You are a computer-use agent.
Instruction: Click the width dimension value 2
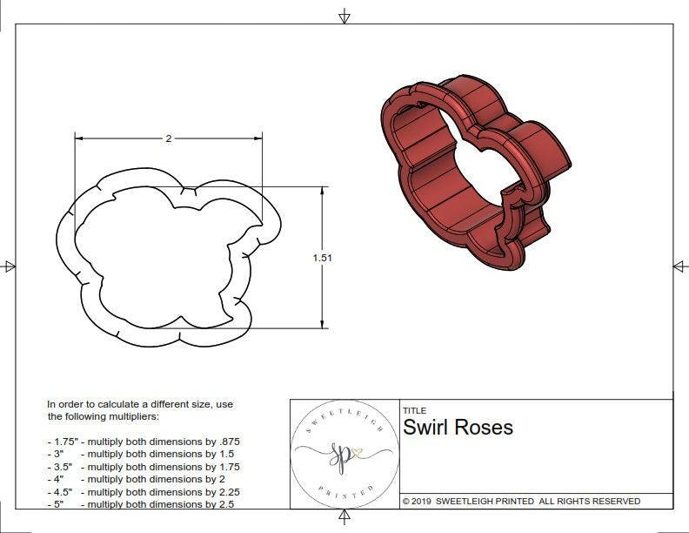(168, 138)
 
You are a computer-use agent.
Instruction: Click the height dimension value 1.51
(323, 258)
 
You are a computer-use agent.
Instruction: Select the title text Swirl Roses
(458, 428)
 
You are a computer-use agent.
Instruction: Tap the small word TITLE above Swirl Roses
(414, 411)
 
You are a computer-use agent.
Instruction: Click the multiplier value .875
(228, 442)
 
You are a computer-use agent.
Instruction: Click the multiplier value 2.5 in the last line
(225, 504)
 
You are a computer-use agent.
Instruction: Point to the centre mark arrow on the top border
(344, 16)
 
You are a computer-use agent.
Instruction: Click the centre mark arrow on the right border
(679, 266)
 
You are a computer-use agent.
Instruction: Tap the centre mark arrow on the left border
(10, 266)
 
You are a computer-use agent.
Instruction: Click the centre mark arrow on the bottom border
(344, 518)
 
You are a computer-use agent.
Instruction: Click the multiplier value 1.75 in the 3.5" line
(228, 467)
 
